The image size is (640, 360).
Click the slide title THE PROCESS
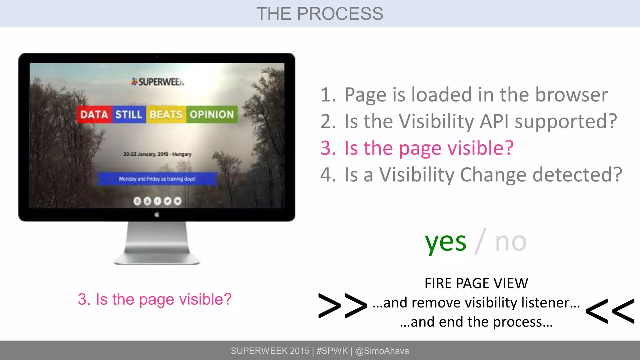pyautogui.click(x=320, y=14)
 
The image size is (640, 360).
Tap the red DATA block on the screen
pyautogui.click(x=94, y=114)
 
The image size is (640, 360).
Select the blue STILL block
pyautogui.click(x=129, y=114)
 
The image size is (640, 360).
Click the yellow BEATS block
pyautogui.click(x=166, y=114)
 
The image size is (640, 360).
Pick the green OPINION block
pyautogui.click(x=212, y=114)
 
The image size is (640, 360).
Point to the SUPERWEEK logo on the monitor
pyautogui.click(x=158, y=82)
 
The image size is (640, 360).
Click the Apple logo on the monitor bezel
pyautogui.click(x=157, y=214)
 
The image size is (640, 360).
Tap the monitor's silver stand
pyautogui.click(x=157, y=244)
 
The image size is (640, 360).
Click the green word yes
pyautogui.click(x=445, y=242)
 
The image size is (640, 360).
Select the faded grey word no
pyautogui.click(x=511, y=242)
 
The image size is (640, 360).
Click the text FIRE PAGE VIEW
pyautogui.click(x=476, y=283)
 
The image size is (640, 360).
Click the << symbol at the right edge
pyautogui.click(x=610, y=311)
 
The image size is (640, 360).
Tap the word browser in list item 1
pyautogui.click(x=572, y=94)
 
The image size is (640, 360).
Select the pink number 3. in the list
pyautogui.click(x=328, y=148)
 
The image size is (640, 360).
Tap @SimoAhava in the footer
pyautogui.click(x=382, y=351)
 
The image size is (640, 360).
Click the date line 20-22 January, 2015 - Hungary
pyautogui.click(x=157, y=154)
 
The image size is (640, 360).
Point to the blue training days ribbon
pyautogui.click(x=157, y=179)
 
